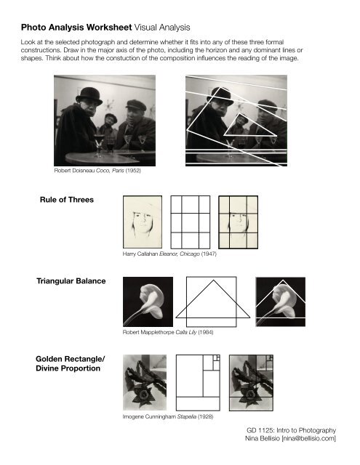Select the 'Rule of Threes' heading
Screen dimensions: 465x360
[66, 200]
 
